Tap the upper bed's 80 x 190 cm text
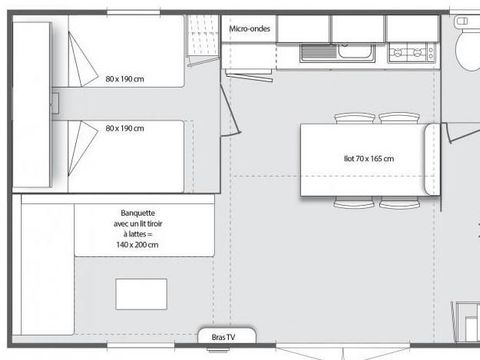[125, 78]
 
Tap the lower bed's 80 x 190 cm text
[125, 129]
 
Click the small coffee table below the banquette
[140, 294]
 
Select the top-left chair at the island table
[354, 118]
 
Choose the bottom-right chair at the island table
[398, 203]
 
